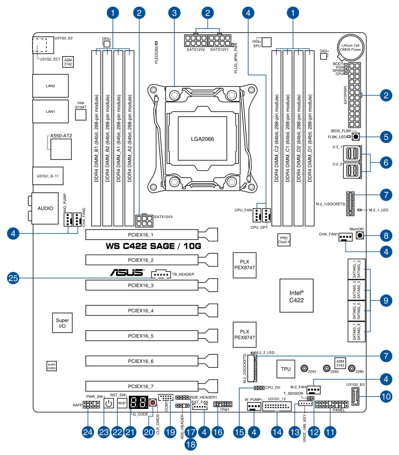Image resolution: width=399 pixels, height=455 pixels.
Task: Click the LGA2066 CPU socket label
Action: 202,139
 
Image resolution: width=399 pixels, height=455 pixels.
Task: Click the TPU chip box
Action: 286,369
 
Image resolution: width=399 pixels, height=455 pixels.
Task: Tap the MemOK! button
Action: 360,236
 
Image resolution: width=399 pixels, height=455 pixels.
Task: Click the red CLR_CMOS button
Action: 153,403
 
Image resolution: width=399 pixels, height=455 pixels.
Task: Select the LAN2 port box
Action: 50,86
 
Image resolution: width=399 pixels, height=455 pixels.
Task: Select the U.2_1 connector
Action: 352,155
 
